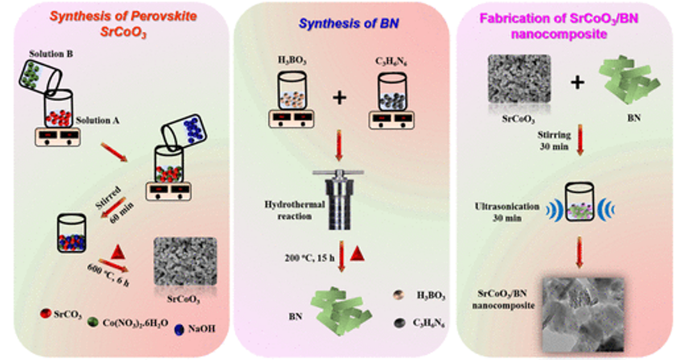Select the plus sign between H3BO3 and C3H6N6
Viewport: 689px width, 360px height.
pos(339,98)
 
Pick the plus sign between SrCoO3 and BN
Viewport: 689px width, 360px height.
pos(577,82)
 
